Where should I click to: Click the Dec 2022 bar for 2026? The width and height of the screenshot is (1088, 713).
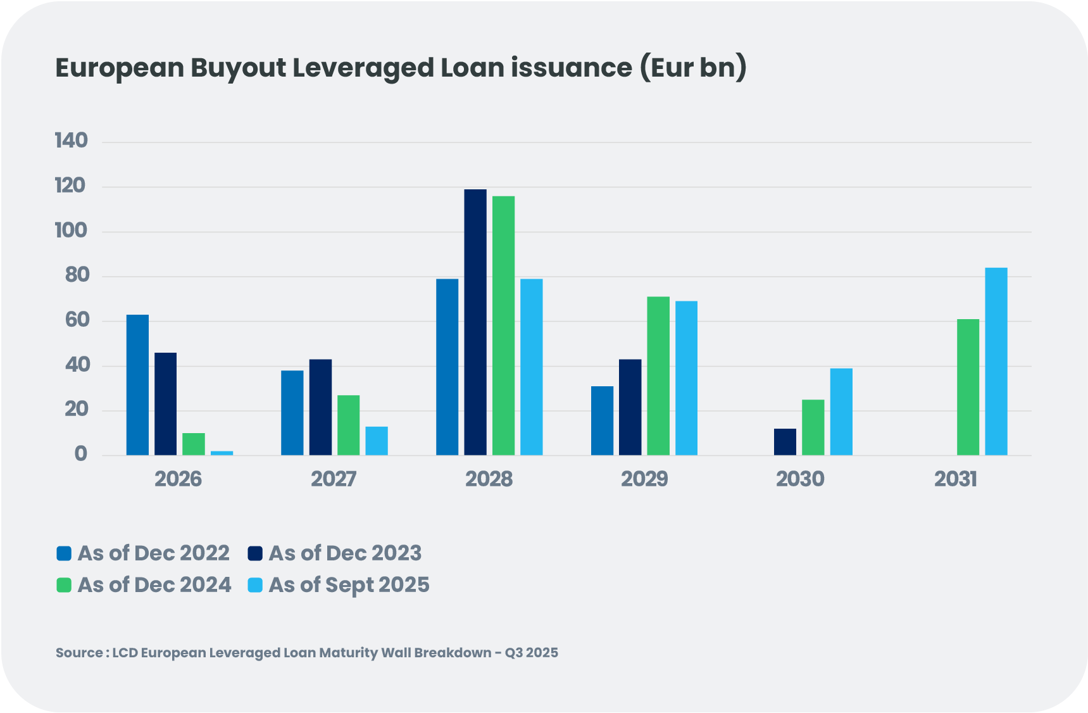pyautogui.click(x=137, y=384)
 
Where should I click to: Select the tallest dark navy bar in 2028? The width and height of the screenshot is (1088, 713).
pyautogui.click(x=475, y=322)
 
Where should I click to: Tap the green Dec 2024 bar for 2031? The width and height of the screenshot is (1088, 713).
pyautogui.click(x=968, y=387)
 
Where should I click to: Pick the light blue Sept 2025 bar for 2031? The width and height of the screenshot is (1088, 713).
pyautogui.click(x=996, y=361)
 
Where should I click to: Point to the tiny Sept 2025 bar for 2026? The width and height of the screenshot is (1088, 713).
pyautogui.click(x=222, y=453)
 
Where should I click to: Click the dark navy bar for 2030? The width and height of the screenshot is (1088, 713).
pyautogui.click(x=785, y=442)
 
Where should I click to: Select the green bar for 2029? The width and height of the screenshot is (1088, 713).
pyautogui.click(x=658, y=375)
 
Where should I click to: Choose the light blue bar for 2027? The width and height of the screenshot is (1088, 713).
pyautogui.click(x=377, y=441)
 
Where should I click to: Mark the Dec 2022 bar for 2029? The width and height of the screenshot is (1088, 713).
pyautogui.click(x=602, y=420)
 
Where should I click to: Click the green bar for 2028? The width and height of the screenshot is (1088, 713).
pyautogui.click(x=503, y=325)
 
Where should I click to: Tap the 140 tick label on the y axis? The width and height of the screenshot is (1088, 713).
pyautogui.click(x=72, y=141)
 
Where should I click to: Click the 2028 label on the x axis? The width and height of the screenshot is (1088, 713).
pyautogui.click(x=489, y=479)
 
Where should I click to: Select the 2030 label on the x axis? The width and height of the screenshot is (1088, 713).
pyautogui.click(x=800, y=479)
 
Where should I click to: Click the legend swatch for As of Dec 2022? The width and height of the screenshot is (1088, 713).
pyautogui.click(x=64, y=553)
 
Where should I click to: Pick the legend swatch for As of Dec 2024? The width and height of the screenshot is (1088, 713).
pyautogui.click(x=64, y=585)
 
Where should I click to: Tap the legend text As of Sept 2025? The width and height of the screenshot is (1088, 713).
pyautogui.click(x=349, y=585)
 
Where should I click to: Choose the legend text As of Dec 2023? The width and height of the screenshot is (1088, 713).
pyautogui.click(x=345, y=553)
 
